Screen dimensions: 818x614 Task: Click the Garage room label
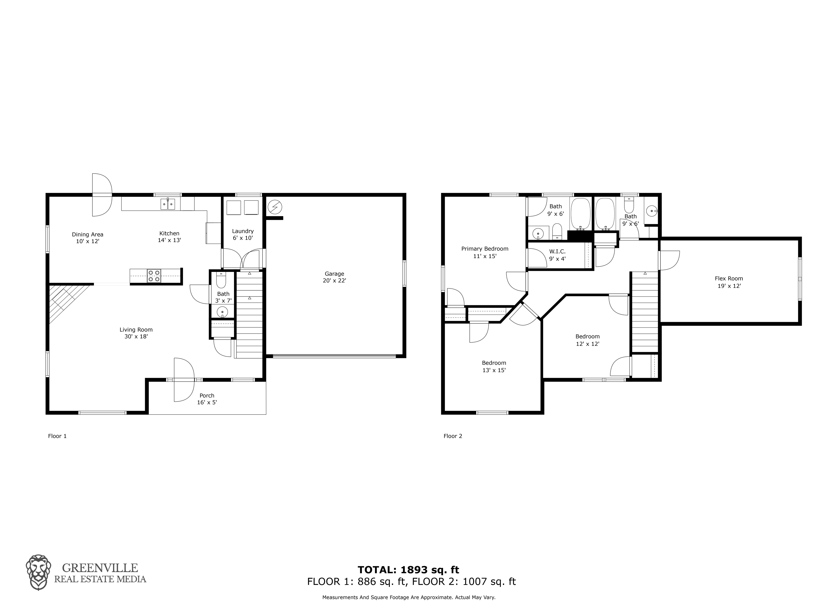334,277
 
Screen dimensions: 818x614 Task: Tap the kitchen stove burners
154,276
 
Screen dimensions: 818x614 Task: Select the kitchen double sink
168,204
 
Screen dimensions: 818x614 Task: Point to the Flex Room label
729,282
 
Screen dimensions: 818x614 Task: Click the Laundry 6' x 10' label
243,234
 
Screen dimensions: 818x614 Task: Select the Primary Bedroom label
485,252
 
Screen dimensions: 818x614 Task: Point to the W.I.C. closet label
557,255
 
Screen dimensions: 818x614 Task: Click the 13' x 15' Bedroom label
494,366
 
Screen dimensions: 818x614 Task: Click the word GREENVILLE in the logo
100,568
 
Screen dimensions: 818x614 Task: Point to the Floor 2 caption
453,436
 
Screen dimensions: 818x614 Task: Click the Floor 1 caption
57,436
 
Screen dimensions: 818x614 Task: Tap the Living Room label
136,333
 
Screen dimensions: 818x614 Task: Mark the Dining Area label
88,238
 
